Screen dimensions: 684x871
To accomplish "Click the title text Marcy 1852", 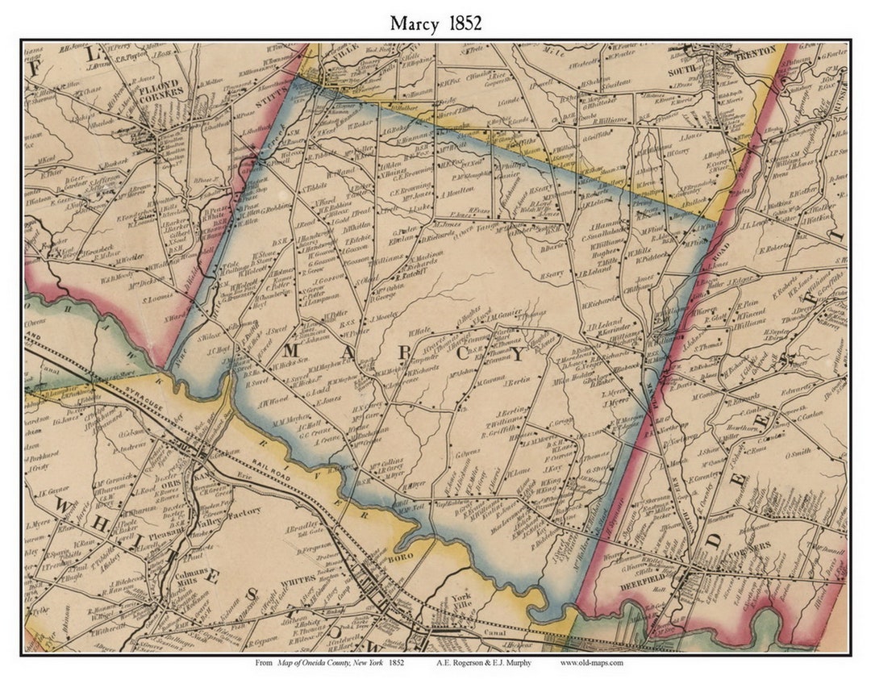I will [435, 23].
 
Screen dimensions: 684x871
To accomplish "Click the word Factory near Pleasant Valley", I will [243, 511].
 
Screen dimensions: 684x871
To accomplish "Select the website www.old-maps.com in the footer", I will [591, 663].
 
